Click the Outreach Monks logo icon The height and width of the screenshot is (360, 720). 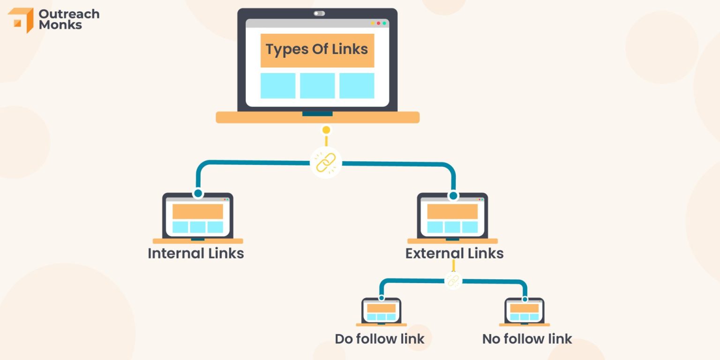click(x=21, y=20)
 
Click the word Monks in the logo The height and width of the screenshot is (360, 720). click(x=60, y=25)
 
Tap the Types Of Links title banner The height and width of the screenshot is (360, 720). click(x=317, y=50)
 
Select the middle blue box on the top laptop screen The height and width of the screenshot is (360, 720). click(x=317, y=86)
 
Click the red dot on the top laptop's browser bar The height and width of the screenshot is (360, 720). click(x=378, y=23)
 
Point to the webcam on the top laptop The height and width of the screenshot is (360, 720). click(x=319, y=14)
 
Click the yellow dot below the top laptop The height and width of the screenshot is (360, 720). click(x=326, y=130)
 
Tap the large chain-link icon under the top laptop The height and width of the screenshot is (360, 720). click(x=326, y=163)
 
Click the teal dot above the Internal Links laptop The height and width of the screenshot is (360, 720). click(x=198, y=193)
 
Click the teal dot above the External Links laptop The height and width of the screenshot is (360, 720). click(x=453, y=195)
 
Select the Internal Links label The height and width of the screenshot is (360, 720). click(x=196, y=254)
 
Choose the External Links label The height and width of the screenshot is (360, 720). click(x=454, y=254)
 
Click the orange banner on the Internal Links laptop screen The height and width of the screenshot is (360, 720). click(x=197, y=211)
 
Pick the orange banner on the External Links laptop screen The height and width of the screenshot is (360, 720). click(x=452, y=211)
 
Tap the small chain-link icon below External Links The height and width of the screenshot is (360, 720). click(x=453, y=280)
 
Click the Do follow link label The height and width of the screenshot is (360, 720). click(x=380, y=339)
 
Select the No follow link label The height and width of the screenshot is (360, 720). click(x=527, y=339)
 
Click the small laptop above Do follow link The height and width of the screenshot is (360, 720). click(x=381, y=311)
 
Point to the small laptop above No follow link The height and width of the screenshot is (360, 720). click(x=524, y=311)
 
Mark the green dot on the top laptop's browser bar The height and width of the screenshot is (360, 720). click(x=384, y=23)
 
